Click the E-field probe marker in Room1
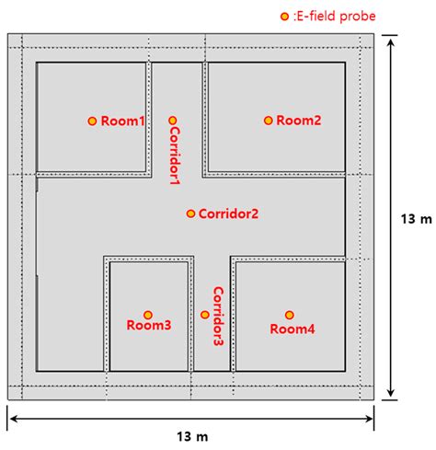[x=92, y=121]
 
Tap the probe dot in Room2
[x=269, y=121]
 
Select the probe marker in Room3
[x=148, y=315]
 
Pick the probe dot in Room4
[x=290, y=315]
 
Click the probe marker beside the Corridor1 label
[x=173, y=121]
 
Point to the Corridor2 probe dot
[x=190, y=213]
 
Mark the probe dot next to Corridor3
[x=205, y=315]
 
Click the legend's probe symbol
[x=284, y=17]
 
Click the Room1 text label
[x=122, y=121]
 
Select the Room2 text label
[x=299, y=121]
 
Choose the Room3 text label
[x=149, y=325]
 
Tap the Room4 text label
[x=293, y=329]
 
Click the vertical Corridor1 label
[x=175, y=156]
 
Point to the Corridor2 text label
[x=228, y=214]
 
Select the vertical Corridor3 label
[x=218, y=317]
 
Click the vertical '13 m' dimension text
[x=417, y=219]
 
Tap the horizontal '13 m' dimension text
[x=192, y=437]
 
